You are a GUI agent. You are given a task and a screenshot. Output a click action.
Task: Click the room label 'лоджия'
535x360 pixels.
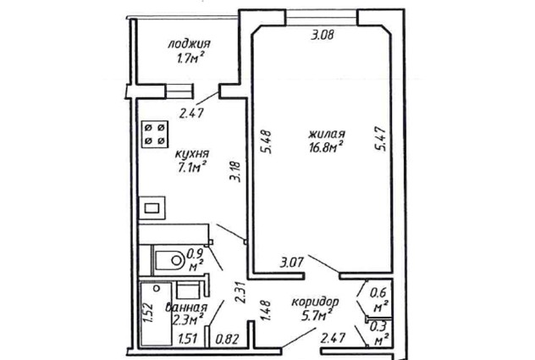[190, 44]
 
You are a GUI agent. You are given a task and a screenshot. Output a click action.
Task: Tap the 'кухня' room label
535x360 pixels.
[191, 154]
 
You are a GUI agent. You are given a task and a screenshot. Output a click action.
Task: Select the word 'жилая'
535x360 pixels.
[327, 134]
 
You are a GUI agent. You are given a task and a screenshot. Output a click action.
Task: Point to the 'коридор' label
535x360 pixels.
[315, 302]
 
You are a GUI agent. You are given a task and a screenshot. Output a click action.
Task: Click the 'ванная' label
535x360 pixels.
[186, 307]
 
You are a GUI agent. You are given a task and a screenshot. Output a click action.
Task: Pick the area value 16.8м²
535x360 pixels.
[326, 148]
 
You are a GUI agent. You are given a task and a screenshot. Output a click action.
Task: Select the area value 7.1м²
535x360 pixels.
[191, 168]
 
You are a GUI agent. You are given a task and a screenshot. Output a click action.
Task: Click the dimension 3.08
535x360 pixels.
[322, 35]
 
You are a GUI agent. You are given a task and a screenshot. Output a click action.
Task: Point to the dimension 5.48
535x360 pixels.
[266, 141]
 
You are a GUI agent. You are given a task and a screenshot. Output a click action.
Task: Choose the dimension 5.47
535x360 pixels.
[380, 139]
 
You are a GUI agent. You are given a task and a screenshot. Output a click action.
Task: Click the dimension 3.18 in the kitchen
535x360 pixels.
[235, 172]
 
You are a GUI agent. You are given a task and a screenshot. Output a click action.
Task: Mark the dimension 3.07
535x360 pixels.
[292, 263]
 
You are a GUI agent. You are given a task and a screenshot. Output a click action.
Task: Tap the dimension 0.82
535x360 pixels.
[227, 339]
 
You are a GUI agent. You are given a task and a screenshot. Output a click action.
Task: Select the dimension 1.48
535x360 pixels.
[265, 311]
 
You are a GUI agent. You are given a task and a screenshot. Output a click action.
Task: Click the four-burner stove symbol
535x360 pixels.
[155, 134]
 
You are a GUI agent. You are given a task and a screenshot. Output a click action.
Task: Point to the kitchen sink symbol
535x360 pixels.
[152, 208]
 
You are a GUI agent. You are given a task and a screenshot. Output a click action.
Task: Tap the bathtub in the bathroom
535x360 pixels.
[156, 314]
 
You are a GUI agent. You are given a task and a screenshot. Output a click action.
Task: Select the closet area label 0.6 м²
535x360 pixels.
[379, 300]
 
